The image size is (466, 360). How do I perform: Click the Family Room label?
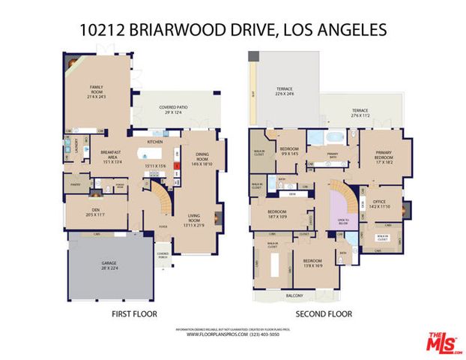coord(96,91)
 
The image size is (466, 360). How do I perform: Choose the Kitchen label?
coord(155,141)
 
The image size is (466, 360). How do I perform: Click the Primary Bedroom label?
coord(384,156)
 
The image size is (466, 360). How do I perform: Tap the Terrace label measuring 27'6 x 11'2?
coord(363,114)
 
